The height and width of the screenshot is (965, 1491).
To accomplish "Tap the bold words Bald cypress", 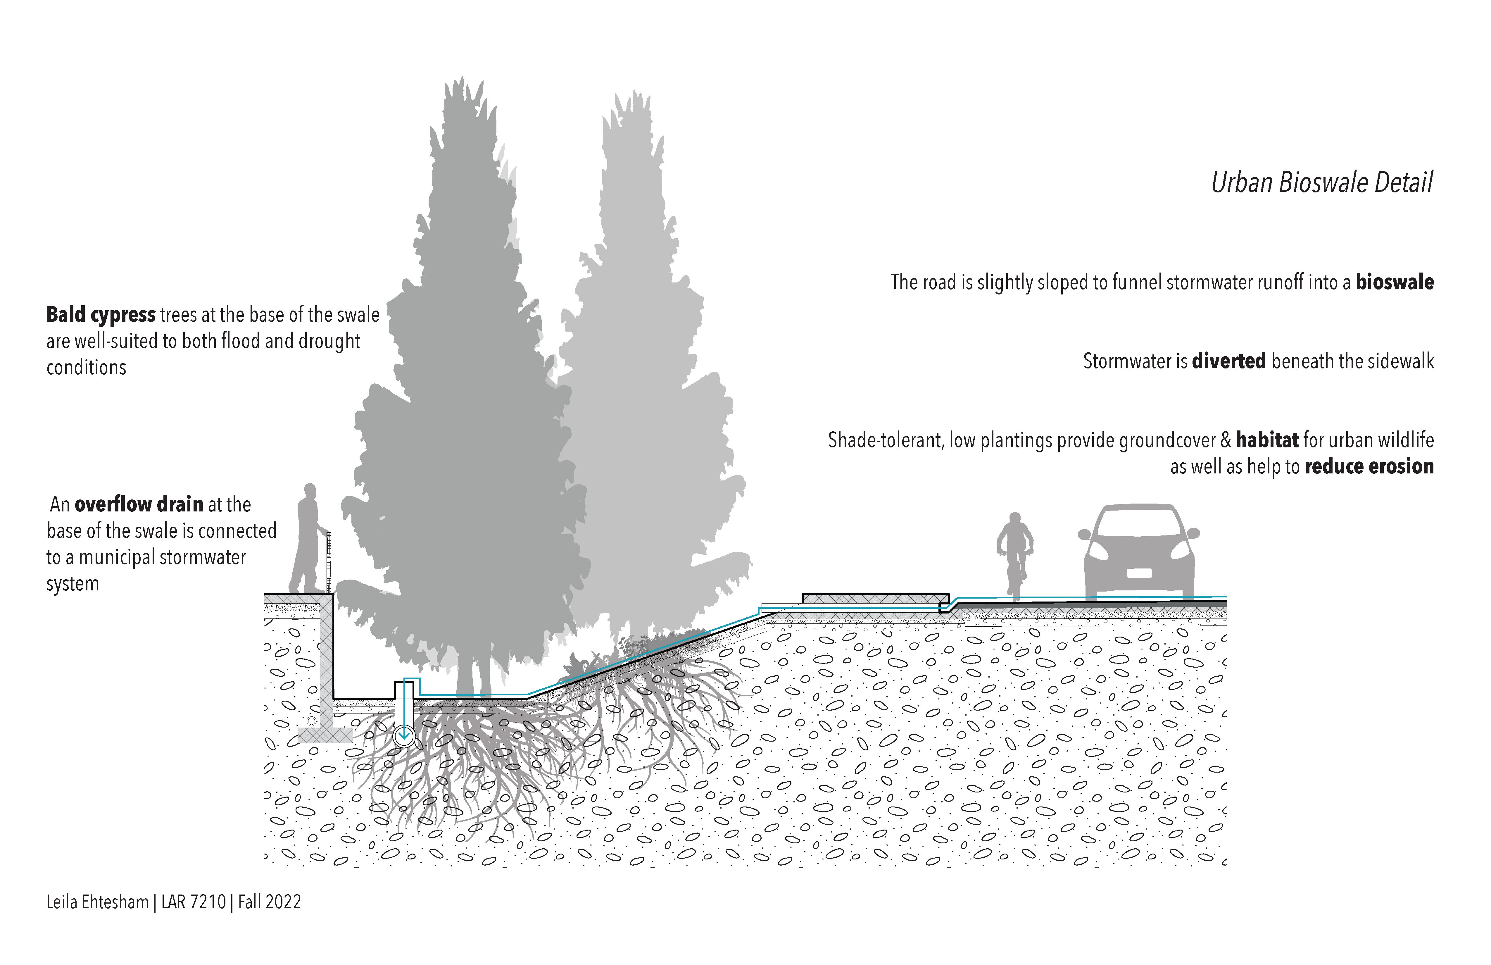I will pyautogui.click(x=101, y=315).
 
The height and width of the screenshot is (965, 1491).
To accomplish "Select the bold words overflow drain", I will pyautogui.click(x=139, y=504).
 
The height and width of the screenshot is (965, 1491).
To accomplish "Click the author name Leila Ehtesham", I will pyautogui.click(x=97, y=902).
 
